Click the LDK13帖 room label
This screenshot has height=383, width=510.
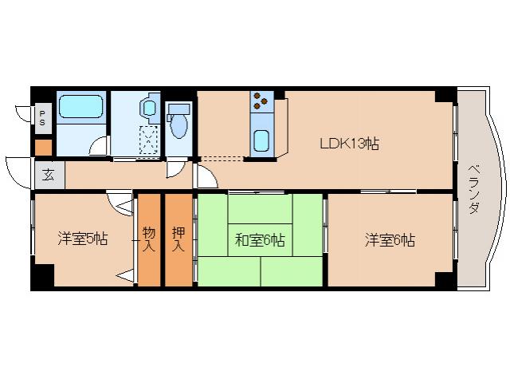point(349,144)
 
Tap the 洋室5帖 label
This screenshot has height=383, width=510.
point(82,239)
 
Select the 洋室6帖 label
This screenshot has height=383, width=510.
point(390,239)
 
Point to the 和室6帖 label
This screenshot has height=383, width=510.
point(261,239)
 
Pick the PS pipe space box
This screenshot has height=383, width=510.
point(42,120)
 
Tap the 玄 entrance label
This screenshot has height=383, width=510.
point(49,175)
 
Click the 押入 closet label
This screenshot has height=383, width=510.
point(178,239)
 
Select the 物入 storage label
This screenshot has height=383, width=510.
point(149,239)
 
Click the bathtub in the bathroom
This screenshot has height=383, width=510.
point(81,107)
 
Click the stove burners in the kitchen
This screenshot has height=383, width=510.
point(261,102)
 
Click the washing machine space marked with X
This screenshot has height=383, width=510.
point(148,139)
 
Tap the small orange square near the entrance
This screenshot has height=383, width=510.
point(42,148)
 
